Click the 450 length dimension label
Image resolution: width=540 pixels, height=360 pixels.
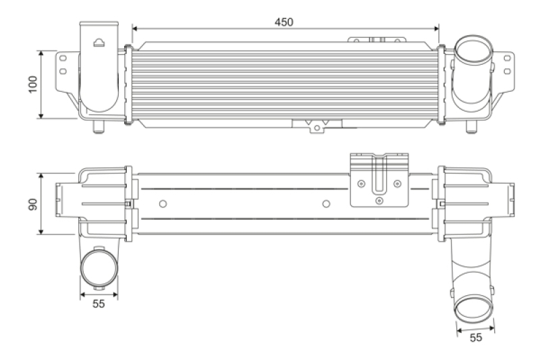[284, 22]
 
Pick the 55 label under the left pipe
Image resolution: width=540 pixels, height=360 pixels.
[99, 304]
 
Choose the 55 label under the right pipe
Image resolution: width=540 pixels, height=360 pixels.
[476, 338]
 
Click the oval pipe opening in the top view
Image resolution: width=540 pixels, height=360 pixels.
[473, 53]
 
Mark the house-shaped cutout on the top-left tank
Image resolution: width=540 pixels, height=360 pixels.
[99, 43]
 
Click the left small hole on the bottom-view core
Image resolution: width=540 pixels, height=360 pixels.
[161, 204]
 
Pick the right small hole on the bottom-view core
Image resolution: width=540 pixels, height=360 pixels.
[326, 204]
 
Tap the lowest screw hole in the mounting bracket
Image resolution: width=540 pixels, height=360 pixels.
[379, 201]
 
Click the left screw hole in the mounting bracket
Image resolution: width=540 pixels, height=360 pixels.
[362, 183]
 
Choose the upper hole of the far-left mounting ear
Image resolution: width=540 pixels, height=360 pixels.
[63, 57]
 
